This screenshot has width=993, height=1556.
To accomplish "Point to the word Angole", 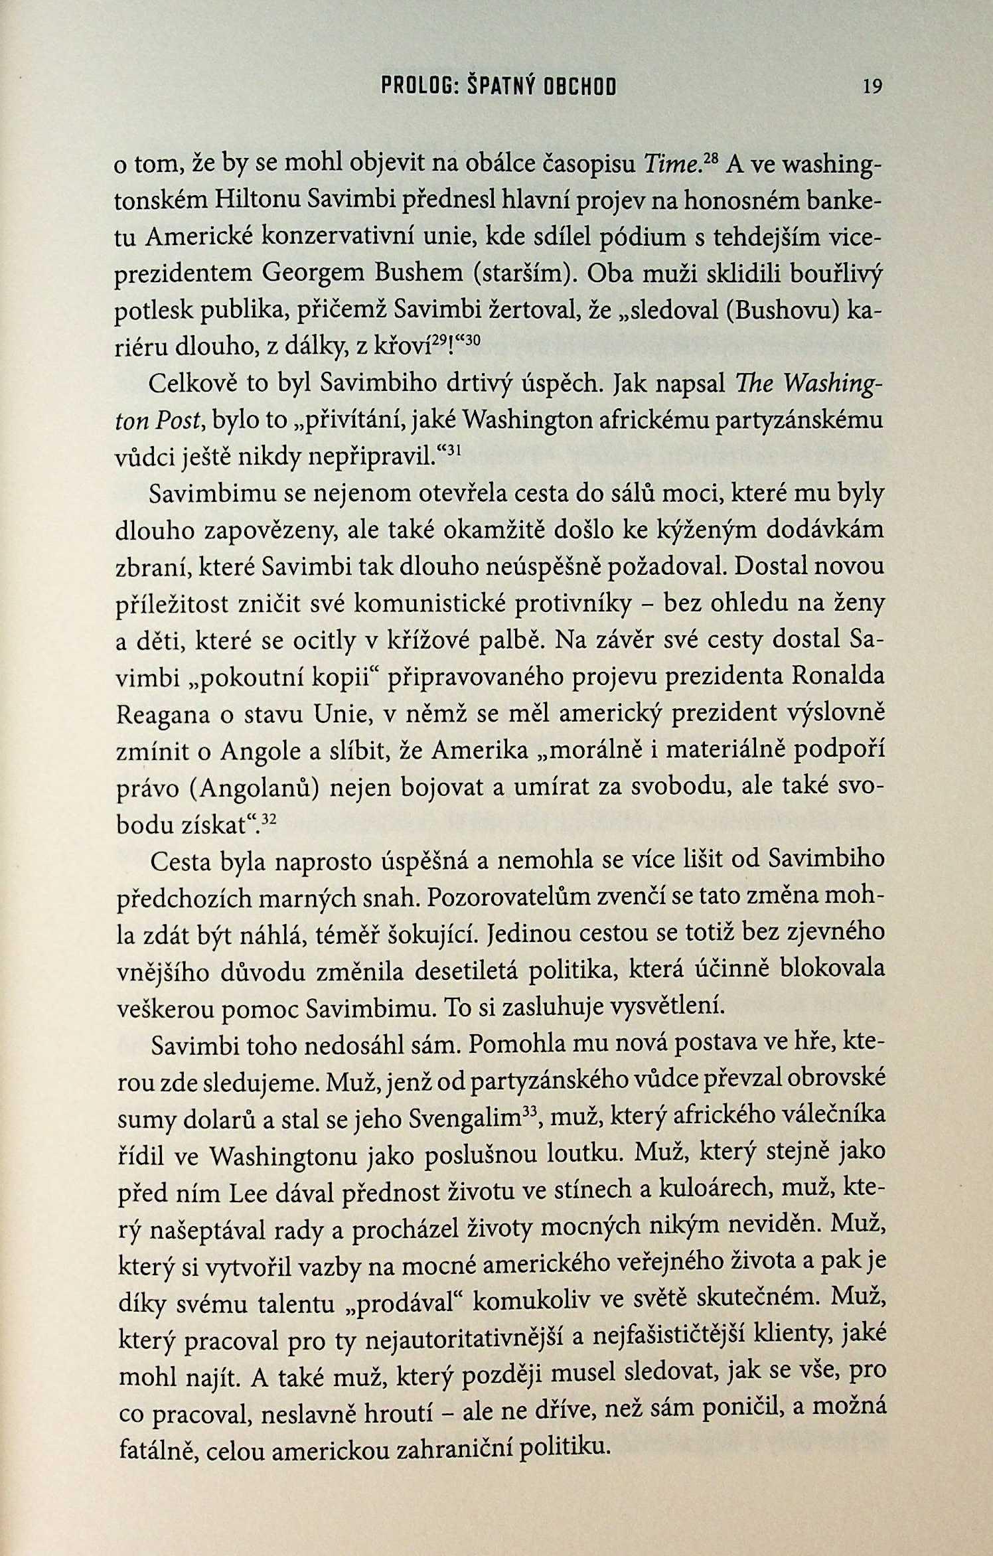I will pyautogui.click(x=261, y=751).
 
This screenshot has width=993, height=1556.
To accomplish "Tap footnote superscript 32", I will pyautogui.click(x=269, y=820).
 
